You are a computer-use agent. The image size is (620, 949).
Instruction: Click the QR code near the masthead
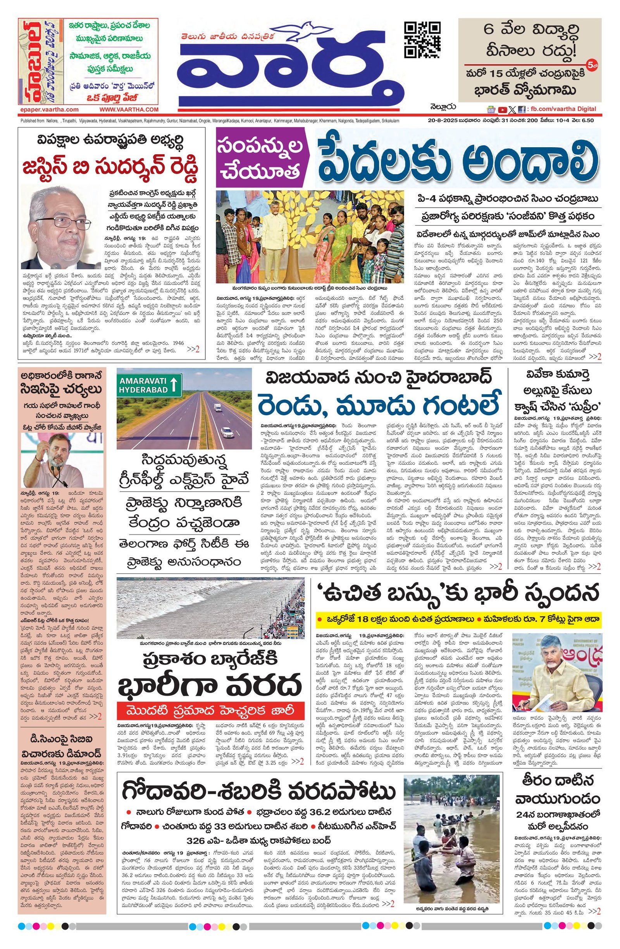coord(422,40)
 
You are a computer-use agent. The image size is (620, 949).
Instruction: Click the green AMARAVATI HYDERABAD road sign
coord(149,385)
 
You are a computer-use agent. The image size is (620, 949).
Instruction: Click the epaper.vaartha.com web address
coord(49,109)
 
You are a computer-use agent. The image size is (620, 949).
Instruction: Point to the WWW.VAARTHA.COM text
coord(129,109)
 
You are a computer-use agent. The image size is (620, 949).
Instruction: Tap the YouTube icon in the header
coord(502,110)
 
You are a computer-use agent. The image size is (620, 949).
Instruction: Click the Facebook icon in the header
coord(521,110)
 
